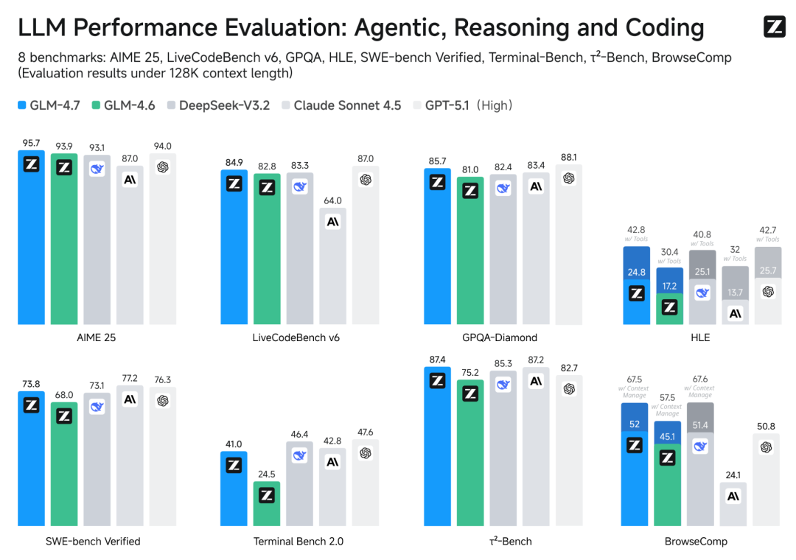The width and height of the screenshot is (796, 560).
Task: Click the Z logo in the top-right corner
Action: [775, 27]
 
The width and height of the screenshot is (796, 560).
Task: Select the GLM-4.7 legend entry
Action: [49, 105]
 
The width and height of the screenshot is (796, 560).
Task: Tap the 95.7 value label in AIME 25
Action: [31, 143]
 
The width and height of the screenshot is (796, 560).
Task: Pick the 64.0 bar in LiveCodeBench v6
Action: [333, 266]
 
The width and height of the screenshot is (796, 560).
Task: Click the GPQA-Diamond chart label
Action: [500, 337]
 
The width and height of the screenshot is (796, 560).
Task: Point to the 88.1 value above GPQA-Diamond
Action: [568, 157]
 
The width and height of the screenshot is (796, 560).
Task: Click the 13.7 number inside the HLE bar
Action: [735, 293]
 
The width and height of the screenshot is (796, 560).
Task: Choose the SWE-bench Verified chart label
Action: [93, 541]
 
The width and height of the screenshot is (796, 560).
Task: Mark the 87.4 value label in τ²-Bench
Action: [438, 359]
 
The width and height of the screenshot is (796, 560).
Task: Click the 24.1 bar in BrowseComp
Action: [734, 504]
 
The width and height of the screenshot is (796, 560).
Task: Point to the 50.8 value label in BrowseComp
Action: [767, 426]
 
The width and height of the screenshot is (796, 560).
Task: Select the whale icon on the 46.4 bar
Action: [299, 455]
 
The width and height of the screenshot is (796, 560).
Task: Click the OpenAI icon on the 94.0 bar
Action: [163, 167]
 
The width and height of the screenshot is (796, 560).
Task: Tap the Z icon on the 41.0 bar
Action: [234, 465]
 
